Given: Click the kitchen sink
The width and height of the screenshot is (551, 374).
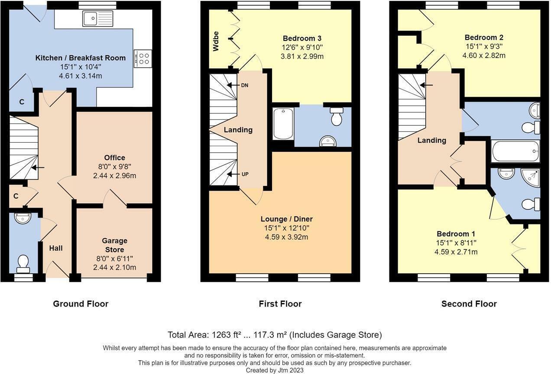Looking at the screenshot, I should (98, 19).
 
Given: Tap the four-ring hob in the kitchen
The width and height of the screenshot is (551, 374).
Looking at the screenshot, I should (143, 58).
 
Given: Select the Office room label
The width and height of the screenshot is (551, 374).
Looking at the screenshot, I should (114, 158).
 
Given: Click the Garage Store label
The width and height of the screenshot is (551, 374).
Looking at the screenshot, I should (114, 245).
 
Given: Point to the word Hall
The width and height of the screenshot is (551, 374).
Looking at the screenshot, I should (56, 248).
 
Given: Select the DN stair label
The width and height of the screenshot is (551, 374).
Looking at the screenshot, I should (244, 85).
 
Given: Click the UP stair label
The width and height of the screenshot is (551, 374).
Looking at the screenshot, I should (244, 174).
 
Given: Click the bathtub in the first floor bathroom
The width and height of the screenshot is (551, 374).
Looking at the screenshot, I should (283, 124).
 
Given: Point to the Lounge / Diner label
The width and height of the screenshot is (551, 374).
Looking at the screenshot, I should (286, 219).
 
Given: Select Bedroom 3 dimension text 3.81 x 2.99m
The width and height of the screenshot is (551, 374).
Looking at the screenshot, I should (302, 56).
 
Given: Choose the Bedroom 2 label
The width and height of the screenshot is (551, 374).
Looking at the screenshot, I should (484, 38).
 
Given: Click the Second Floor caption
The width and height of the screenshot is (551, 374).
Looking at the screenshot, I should (469, 304).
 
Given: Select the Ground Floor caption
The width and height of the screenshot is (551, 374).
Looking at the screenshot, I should (81, 304).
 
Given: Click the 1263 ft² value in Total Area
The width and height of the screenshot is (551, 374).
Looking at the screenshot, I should (226, 335).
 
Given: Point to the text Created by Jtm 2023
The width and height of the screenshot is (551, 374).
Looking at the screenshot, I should (275, 371).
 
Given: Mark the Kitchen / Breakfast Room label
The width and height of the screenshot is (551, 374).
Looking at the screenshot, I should (80, 58).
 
